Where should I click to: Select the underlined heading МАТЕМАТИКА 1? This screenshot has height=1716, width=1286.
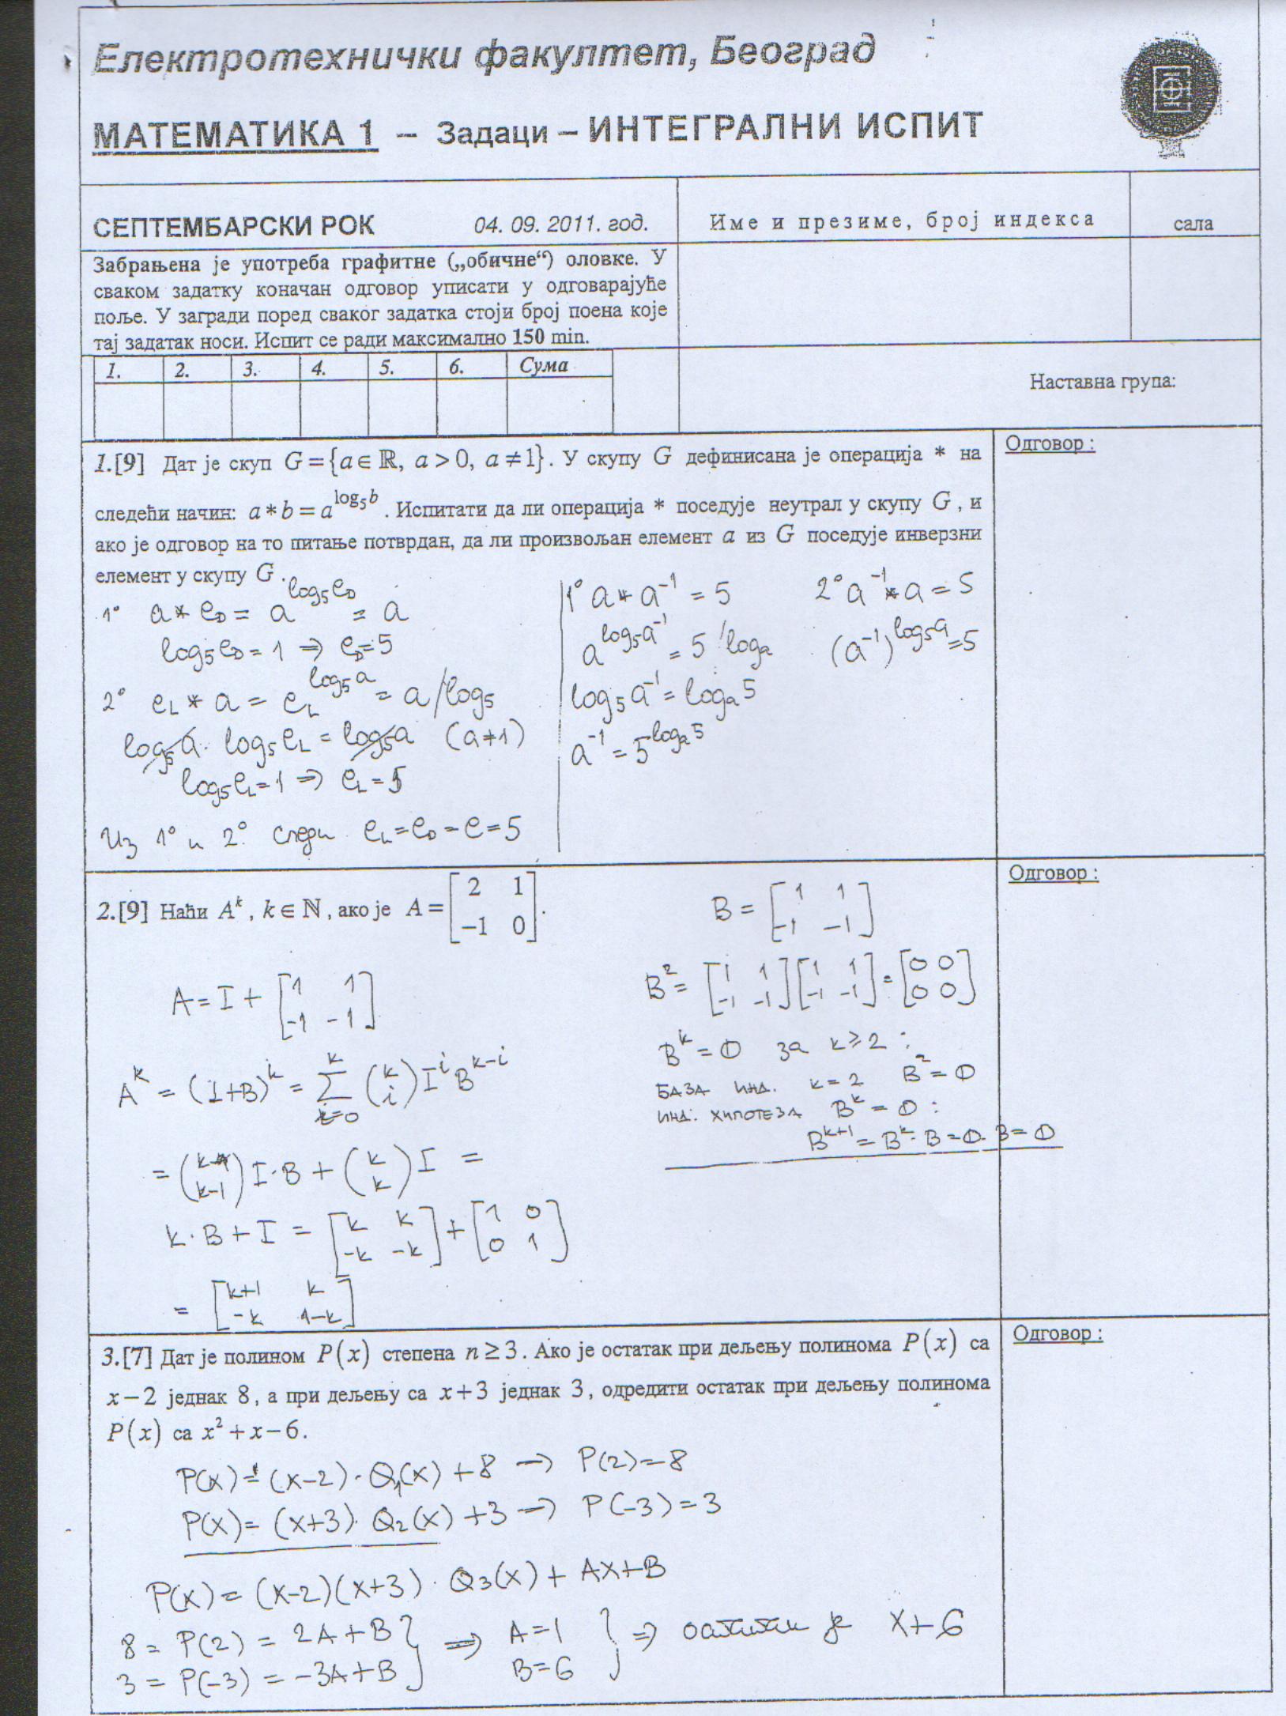coord(235,134)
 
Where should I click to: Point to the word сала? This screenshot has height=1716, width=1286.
coord(1193,224)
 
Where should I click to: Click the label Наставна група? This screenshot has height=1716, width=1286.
coord(1102,382)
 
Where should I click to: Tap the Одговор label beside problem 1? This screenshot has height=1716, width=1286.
coord(1049,443)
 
